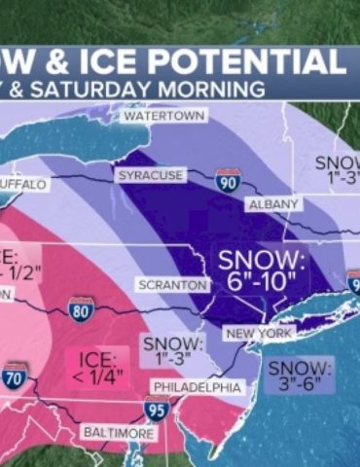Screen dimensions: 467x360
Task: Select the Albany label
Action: click(x=274, y=205)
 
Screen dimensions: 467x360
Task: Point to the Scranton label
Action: click(x=173, y=285)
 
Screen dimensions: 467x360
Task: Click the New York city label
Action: click(x=260, y=334)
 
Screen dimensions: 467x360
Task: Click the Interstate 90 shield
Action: click(x=228, y=181)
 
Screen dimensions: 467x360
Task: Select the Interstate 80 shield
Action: click(x=82, y=309)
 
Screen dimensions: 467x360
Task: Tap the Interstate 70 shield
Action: click(x=13, y=378)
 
